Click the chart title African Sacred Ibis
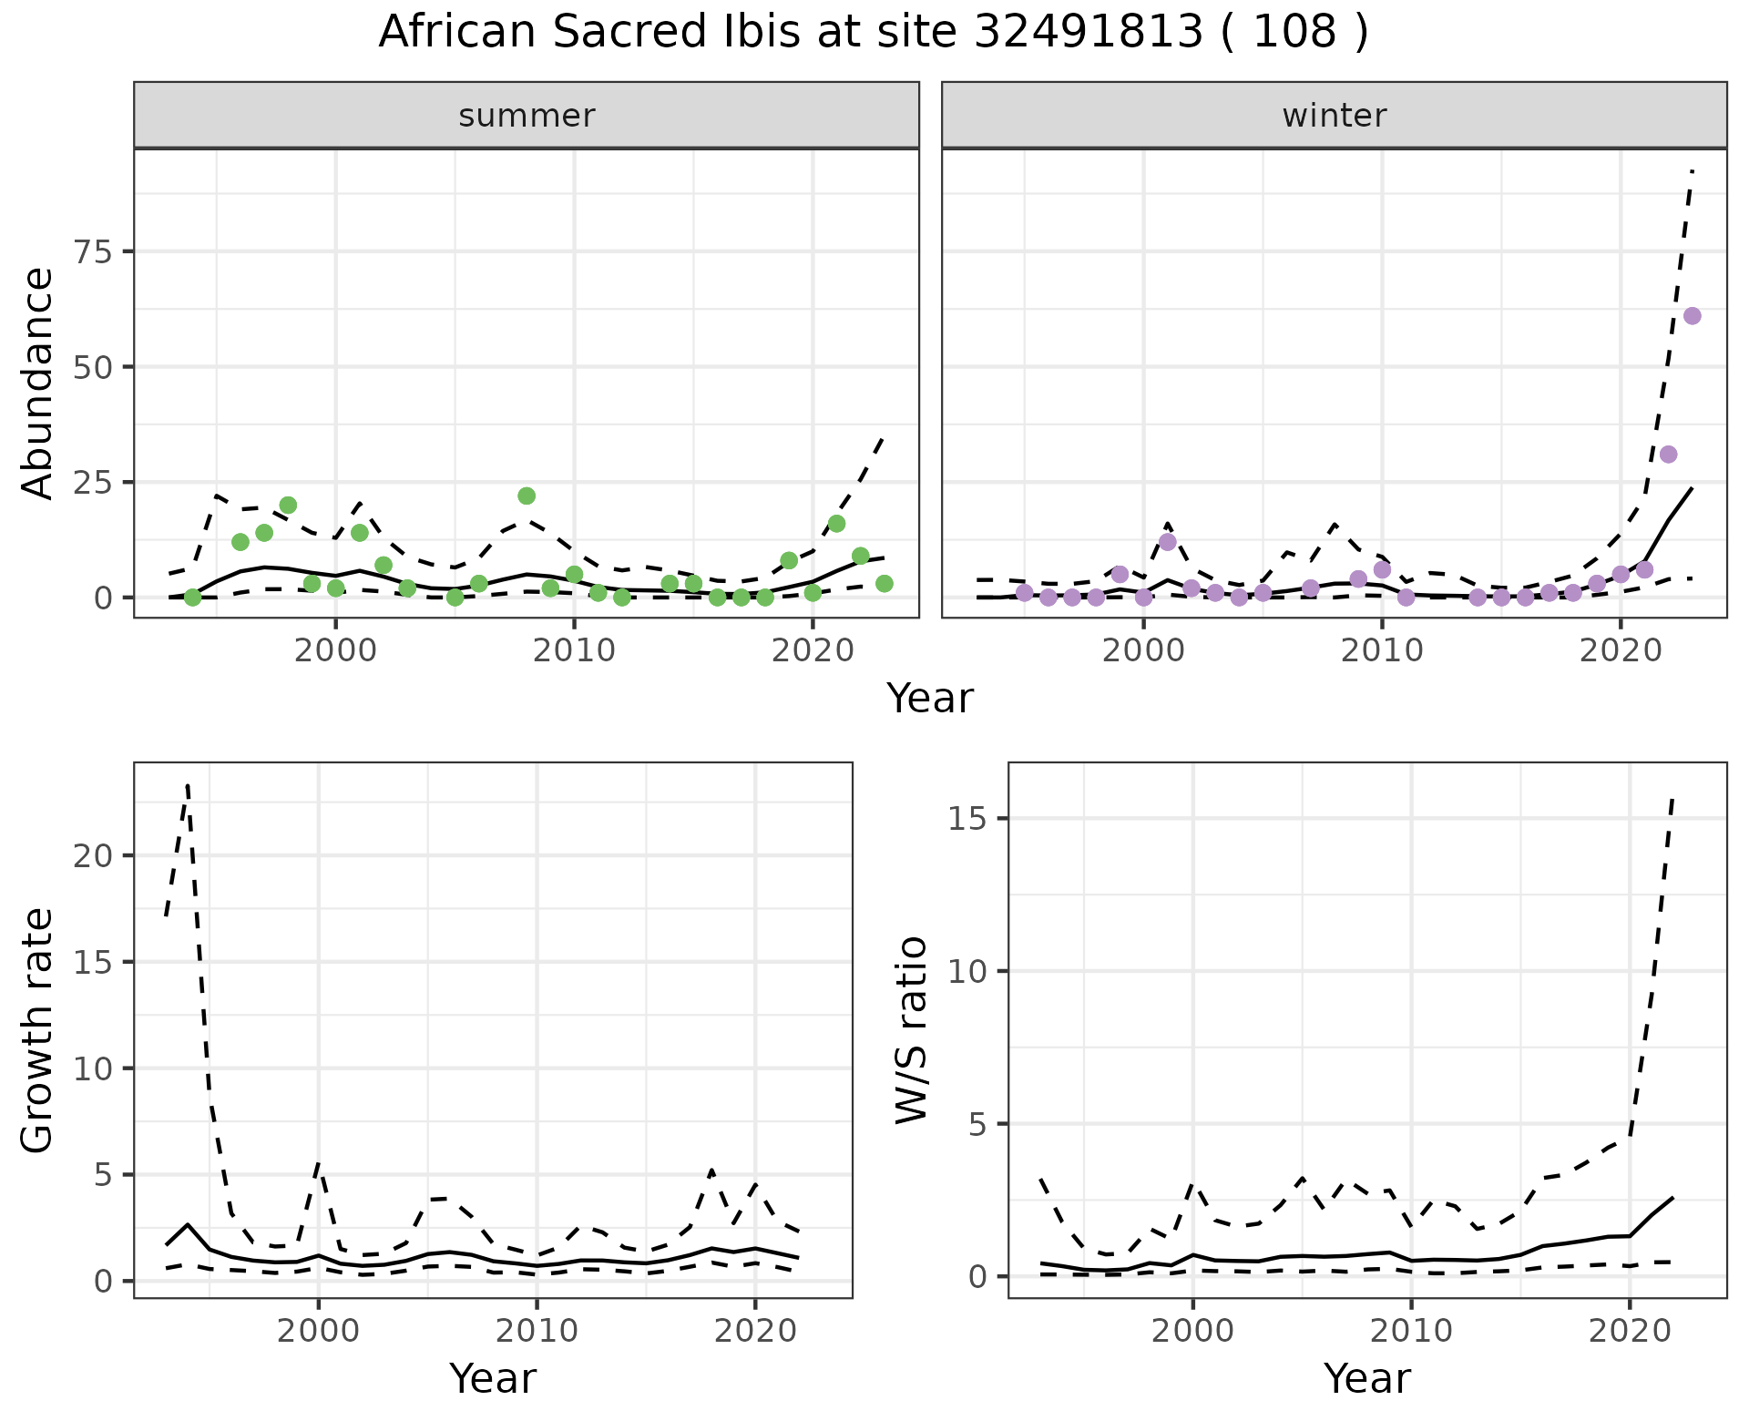873,33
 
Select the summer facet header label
527,116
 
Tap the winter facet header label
1334,116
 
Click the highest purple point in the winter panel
1692,316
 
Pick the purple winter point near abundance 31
1668,455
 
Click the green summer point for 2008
527,496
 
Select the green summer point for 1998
288,506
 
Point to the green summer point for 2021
836,524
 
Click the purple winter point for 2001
1168,542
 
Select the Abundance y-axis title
38,383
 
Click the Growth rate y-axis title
38,1031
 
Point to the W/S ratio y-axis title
912,1031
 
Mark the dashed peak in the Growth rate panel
187,783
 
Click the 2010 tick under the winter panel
1382,652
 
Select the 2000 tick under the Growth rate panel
318,1332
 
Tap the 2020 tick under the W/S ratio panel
1629,1332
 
